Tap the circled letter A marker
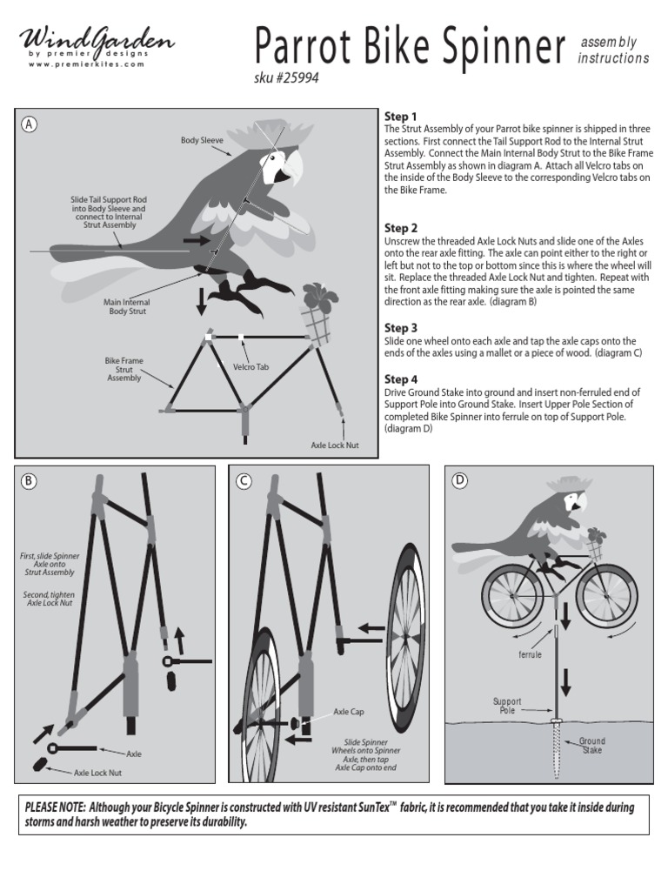[30, 124]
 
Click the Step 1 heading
[401, 117]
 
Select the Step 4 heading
[401, 379]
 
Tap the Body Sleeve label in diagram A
[202, 139]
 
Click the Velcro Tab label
[250, 367]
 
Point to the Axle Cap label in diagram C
[348, 712]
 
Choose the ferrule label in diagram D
[531, 653]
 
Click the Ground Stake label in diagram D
[592, 745]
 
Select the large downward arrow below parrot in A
[202, 301]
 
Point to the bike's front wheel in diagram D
[605, 596]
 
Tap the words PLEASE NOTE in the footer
[55, 807]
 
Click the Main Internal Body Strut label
[128, 306]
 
